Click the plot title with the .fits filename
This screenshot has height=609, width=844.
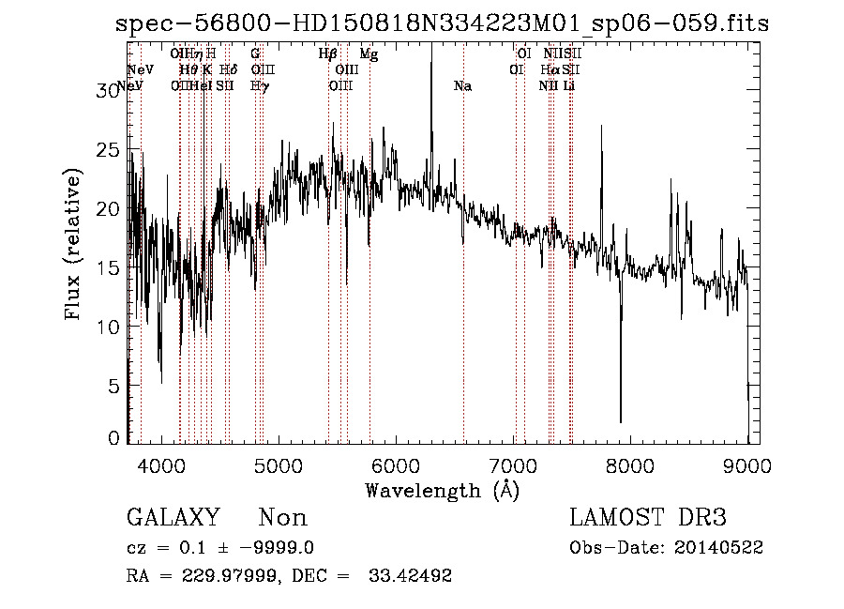442,23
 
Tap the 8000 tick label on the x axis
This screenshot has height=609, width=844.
630,465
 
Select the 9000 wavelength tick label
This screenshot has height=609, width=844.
747,465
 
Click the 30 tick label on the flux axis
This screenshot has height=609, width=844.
111,90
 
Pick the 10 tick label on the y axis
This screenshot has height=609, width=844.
111,327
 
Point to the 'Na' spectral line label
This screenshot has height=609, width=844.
462,86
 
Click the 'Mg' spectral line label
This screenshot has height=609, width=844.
369,55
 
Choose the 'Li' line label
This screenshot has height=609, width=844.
568,86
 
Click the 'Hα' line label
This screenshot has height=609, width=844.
550,70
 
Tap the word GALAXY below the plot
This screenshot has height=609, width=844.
173,518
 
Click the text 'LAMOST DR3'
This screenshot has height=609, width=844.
648,518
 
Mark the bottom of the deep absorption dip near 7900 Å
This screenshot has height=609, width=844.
620,421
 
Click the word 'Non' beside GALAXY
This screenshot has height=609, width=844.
283,518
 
